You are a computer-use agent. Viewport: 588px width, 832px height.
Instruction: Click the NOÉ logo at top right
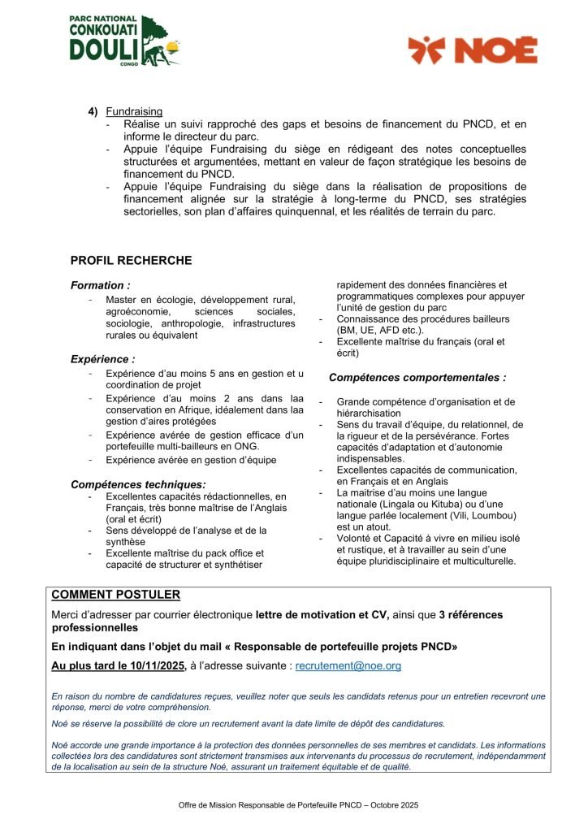[x=472, y=50]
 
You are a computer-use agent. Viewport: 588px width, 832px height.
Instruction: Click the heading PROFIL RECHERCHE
[x=131, y=261]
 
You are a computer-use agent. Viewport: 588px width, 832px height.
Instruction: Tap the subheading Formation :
[x=100, y=286]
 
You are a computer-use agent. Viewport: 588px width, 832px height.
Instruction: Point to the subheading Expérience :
[x=102, y=358]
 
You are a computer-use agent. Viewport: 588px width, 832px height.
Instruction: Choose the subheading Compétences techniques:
[x=137, y=484]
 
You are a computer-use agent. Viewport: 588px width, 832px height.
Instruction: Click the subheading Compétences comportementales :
[x=417, y=378]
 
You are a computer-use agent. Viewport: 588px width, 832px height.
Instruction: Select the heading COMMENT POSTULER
[x=115, y=595]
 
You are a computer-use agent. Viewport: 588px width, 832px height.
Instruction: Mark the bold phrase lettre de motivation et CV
[x=322, y=615]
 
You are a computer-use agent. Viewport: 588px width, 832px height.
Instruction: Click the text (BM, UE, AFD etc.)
[x=380, y=331]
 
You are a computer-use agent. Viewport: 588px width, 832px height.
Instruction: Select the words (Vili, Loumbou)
[x=470, y=515]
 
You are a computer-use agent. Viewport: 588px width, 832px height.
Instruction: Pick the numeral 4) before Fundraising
[x=93, y=111]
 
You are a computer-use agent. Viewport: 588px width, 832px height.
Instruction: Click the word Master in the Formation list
[x=123, y=301]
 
